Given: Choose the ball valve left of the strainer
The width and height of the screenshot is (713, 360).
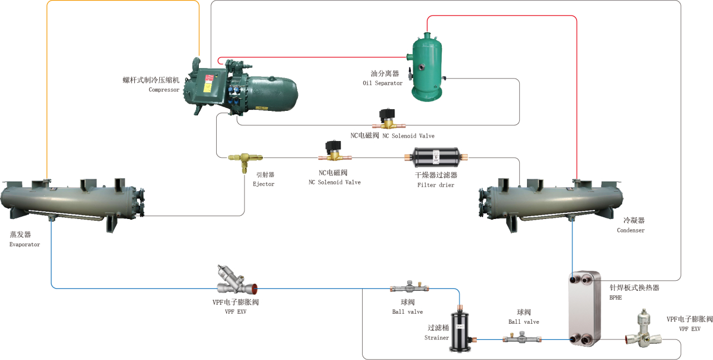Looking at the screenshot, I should click(410, 288).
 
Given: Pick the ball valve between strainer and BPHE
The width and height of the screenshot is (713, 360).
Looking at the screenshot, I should click(522, 338).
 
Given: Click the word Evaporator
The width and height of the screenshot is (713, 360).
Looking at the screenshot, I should click(25, 245).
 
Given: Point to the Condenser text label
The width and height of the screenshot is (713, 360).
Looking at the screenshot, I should click(631, 231).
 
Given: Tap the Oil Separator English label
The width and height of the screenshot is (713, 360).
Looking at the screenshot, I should click(382, 84).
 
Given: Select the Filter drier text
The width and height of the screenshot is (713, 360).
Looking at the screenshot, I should click(436, 185).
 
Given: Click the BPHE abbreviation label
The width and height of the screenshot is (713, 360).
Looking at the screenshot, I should click(615, 298).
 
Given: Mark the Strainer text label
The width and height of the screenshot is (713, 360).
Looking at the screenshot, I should click(437, 338).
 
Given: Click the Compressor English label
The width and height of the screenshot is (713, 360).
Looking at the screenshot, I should click(164, 90).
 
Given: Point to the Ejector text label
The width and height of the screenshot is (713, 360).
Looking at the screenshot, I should click(263, 184).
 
